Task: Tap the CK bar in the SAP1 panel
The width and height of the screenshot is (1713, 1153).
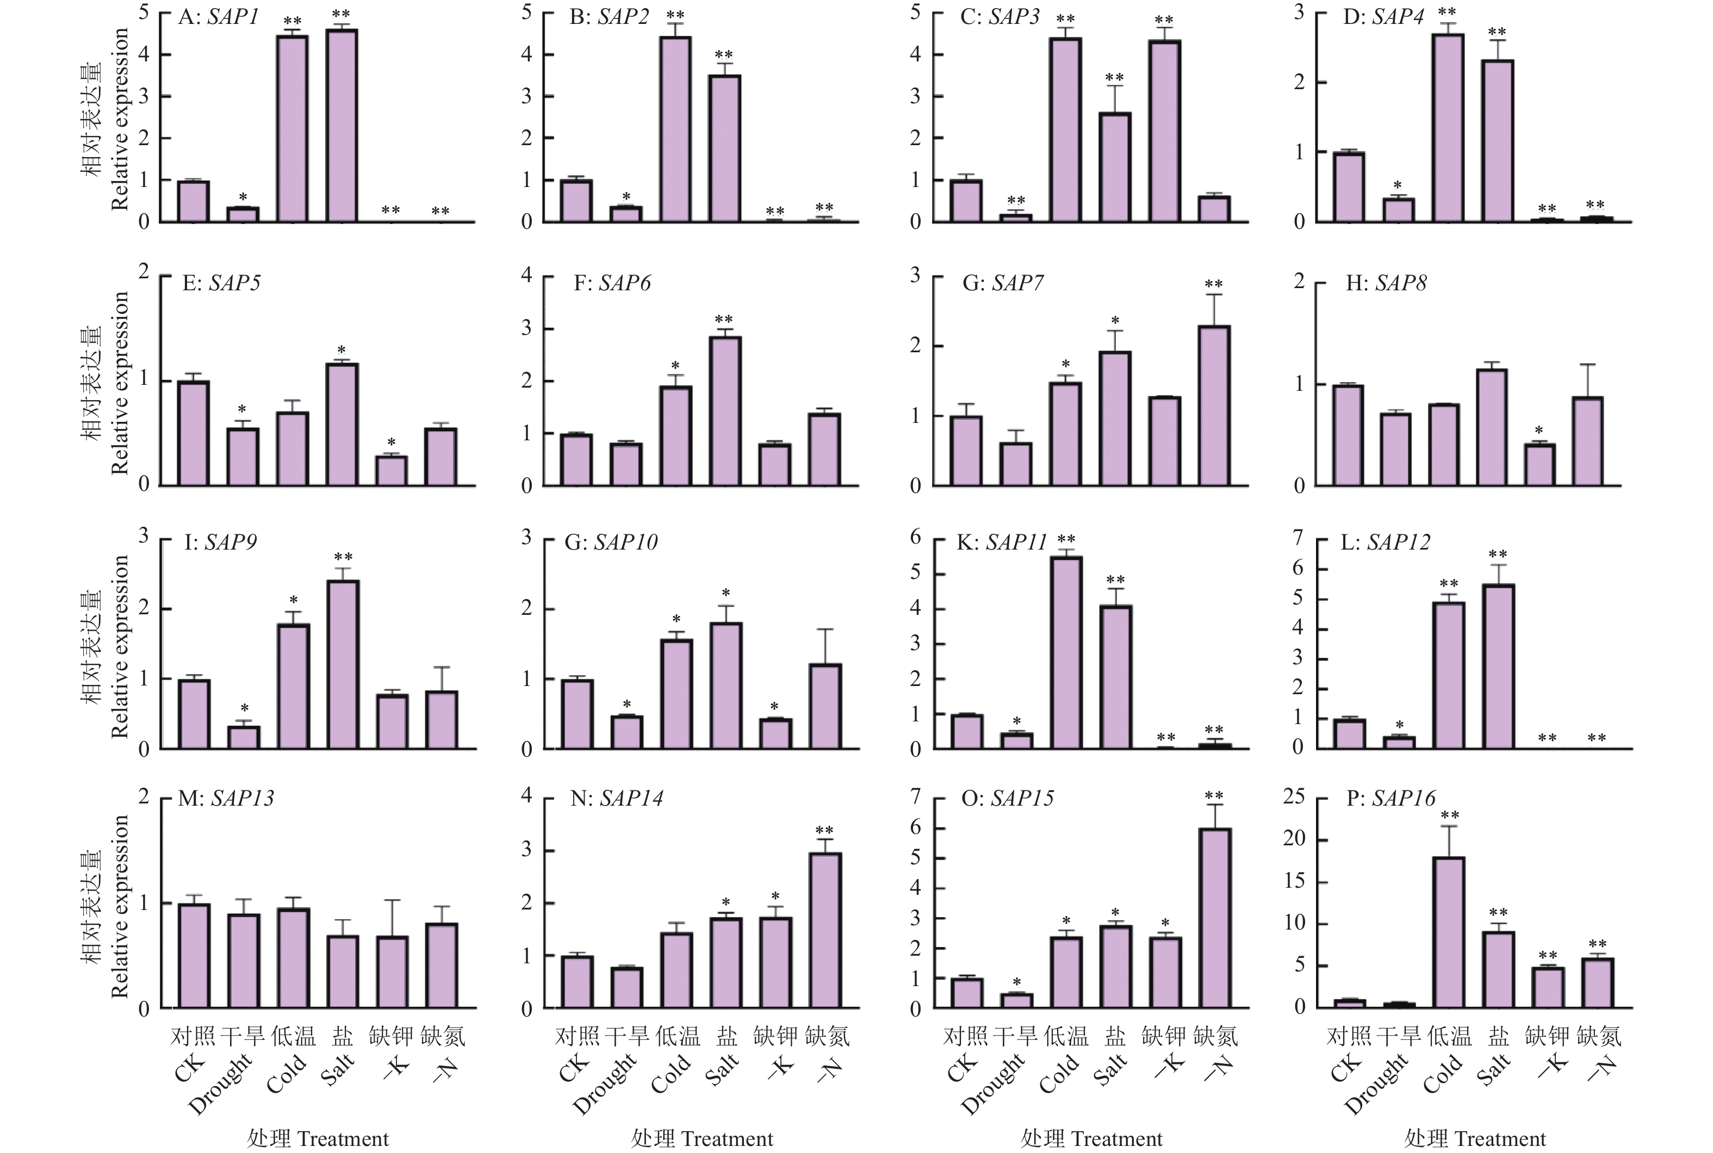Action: click(194, 202)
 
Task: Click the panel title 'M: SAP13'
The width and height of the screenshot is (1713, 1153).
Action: click(226, 799)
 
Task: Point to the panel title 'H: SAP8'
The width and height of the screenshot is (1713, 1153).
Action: click(1386, 283)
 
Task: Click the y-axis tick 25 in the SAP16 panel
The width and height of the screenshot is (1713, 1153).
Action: click(1294, 796)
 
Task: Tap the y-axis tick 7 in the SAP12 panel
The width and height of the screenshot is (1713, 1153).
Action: click(1299, 538)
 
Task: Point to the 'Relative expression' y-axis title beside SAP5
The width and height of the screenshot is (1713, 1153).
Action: click(119, 382)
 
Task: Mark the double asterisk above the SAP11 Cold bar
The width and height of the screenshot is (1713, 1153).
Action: click(1066, 540)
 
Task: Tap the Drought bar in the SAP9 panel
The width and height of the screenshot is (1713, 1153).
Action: click(244, 738)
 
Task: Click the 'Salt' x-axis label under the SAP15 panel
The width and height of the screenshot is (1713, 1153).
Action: click(1110, 1069)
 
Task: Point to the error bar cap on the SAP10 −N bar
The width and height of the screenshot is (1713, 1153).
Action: click(826, 630)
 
